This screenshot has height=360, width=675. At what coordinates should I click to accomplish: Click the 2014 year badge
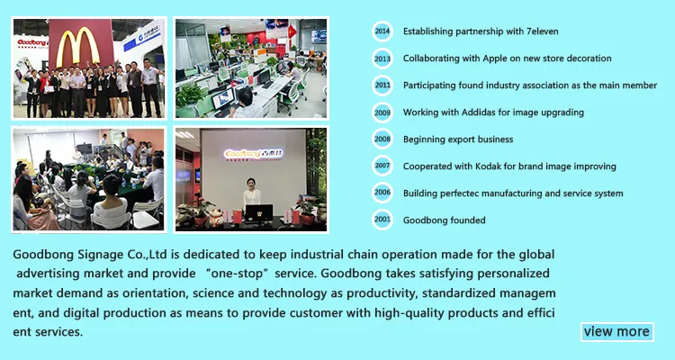pyautogui.click(x=382, y=31)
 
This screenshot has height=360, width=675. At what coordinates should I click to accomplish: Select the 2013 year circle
pyautogui.click(x=382, y=58)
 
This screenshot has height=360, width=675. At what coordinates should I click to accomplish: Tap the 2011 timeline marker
pyautogui.click(x=382, y=85)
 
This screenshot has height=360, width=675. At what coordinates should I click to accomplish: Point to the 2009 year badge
pyautogui.click(x=382, y=112)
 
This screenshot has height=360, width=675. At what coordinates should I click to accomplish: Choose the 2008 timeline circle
pyautogui.click(x=382, y=139)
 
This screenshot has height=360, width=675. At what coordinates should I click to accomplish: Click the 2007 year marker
pyautogui.click(x=382, y=166)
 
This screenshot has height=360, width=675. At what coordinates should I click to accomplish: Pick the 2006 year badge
pyautogui.click(x=382, y=193)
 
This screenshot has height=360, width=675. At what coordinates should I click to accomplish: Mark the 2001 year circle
pyautogui.click(x=382, y=220)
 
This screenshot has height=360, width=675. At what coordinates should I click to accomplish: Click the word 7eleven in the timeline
pyautogui.click(x=538, y=31)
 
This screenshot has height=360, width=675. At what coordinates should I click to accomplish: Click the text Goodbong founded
pyautogui.click(x=444, y=220)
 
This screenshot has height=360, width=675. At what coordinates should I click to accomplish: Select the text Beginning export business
pyautogui.click(x=457, y=139)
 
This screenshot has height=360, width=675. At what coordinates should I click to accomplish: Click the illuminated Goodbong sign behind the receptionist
pyautogui.click(x=249, y=154)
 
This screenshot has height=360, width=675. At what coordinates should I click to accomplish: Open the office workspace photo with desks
pyautogui.click(x=251, y=67)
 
